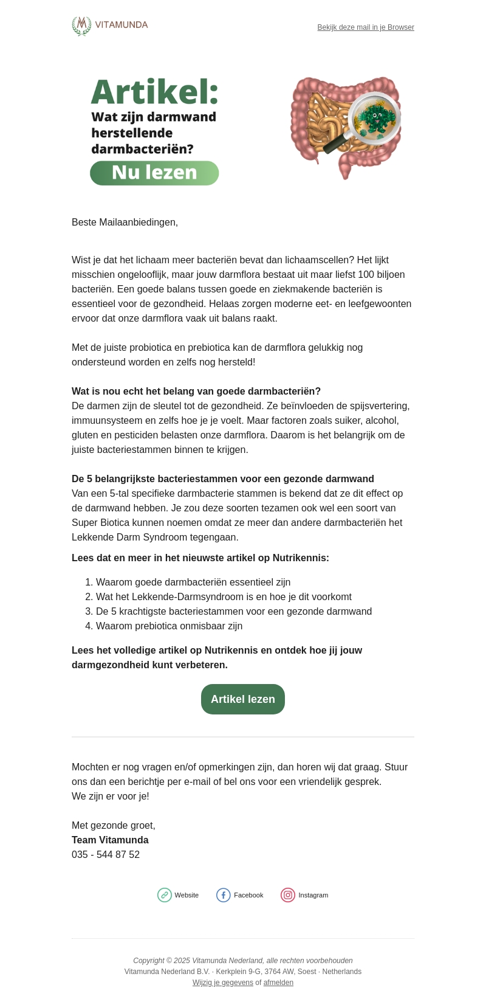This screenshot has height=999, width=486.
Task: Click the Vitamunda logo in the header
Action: pos(110,26)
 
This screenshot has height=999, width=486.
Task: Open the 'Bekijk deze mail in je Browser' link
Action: pos(366,27)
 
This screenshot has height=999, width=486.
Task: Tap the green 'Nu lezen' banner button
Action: pos(154,173)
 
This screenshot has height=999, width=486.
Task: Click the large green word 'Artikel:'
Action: pos(154,93)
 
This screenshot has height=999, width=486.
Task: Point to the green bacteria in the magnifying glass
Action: pos(375,117)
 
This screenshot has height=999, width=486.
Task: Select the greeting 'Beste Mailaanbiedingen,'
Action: pos(125,223)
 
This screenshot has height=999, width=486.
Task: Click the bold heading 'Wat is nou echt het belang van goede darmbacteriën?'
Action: pos(196,392)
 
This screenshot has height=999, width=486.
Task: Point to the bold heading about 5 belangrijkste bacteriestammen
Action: pos(223,479)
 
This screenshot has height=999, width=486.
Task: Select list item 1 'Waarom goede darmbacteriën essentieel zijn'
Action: pos(193,582)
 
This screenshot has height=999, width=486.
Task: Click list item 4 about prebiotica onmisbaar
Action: pos(169,626)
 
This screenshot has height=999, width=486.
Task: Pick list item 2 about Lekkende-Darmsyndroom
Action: pos(224,597)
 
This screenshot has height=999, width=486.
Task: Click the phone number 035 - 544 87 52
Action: pos(106,855)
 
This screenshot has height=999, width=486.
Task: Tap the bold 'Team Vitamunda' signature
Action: pos(110,840)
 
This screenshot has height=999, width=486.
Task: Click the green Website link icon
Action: pos(165,895)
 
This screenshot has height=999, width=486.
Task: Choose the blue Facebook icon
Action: pos(224,895)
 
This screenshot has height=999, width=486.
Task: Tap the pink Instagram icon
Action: pos(288,895)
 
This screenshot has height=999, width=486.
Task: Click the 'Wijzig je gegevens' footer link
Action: pos(223,983)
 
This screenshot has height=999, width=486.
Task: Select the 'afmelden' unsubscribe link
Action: pos(278,983)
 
